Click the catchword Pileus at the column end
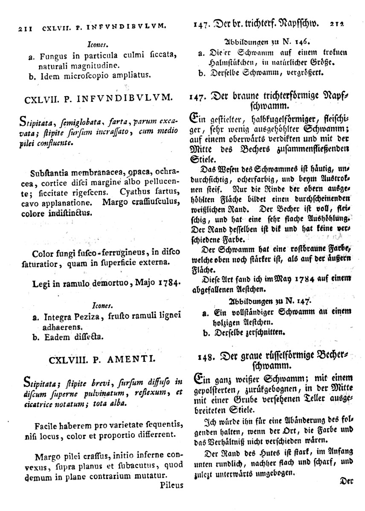(172, 485)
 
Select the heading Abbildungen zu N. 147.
(268, 301)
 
